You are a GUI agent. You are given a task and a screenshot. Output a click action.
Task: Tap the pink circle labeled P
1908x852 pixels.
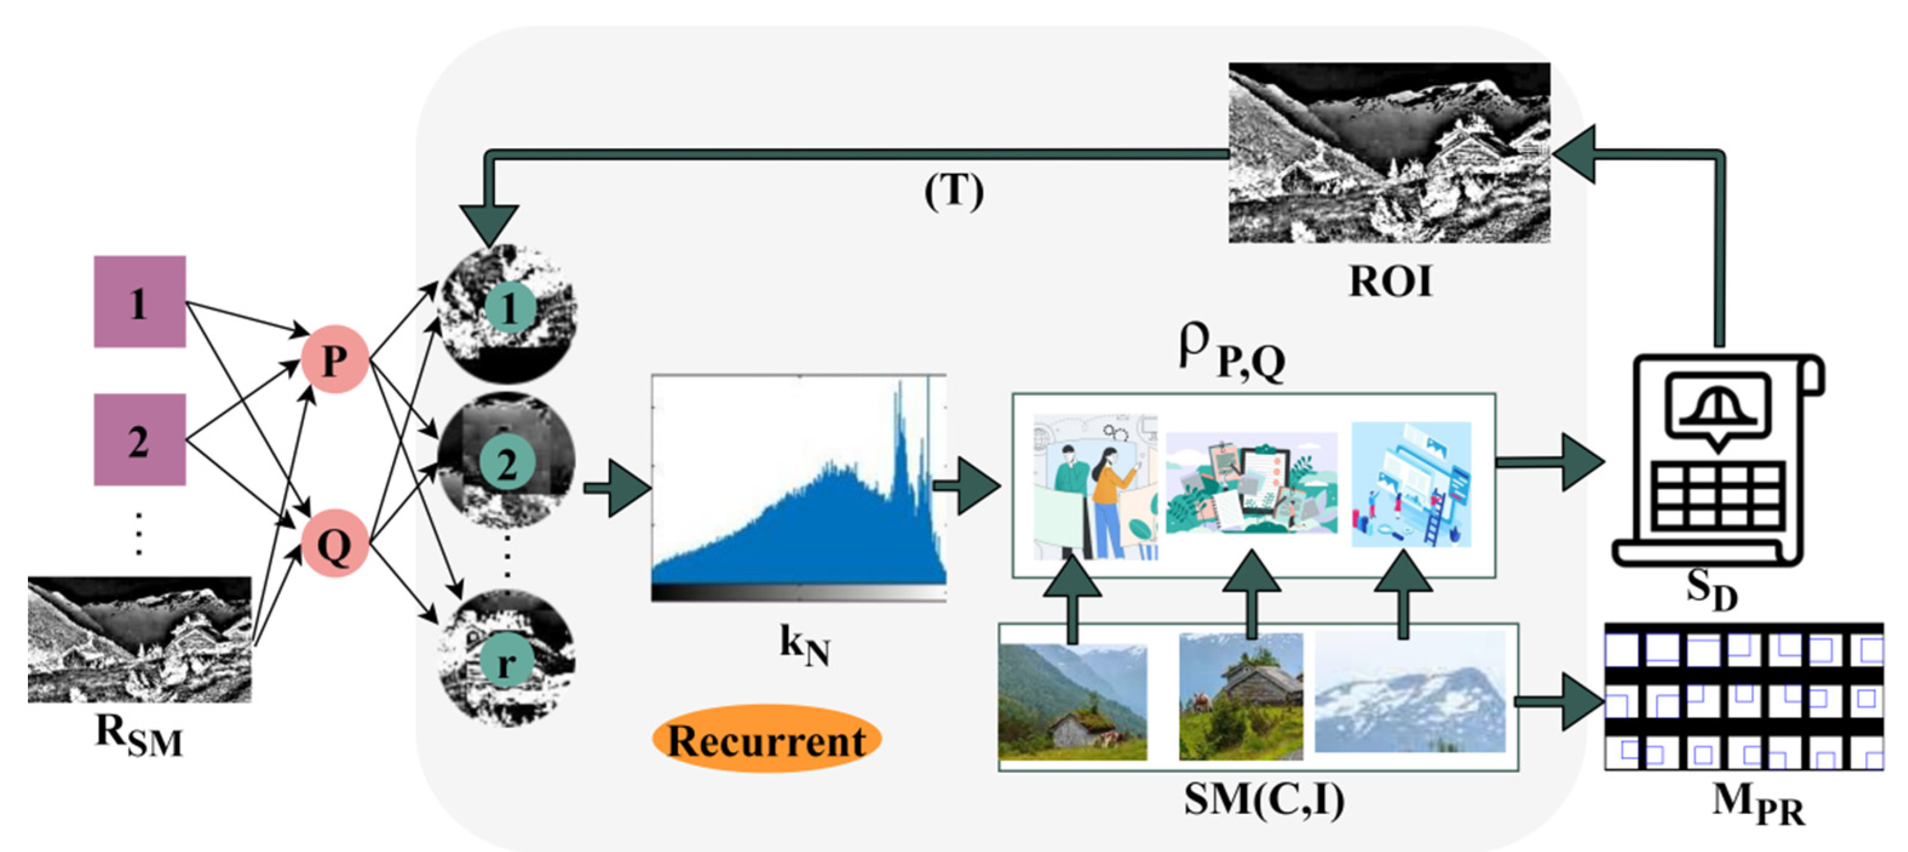coord(334,359)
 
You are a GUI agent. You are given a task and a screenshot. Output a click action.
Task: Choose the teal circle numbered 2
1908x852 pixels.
coord(507,465)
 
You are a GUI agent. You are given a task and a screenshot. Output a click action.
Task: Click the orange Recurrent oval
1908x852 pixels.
coord(766,739)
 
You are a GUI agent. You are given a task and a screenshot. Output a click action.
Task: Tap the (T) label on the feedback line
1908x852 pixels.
coord(953,191)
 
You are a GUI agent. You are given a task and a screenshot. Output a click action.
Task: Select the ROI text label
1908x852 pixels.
coord(1389,281)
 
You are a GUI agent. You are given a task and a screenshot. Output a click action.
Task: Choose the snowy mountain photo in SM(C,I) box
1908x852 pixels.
coord(1409,691)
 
